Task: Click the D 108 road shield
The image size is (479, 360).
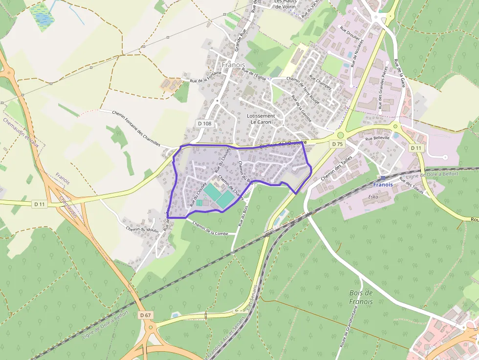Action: pyautogui.click(x=205, y=124)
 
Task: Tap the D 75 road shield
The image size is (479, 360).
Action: pyautogui.click(x=337, y=144)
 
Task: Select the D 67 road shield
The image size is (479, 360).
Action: pyautogui.click(x=145, y=315)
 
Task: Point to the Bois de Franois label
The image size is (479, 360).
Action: pyautogui.click(x=361, y=297)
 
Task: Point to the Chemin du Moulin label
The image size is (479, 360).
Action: pyautogui.click(x=142, y=230)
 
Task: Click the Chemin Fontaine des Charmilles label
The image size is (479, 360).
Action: pyautogui.click(x=136, y=128)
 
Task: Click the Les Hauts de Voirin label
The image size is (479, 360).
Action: pyautogui.click(x=285, y=4)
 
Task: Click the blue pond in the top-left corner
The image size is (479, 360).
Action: pyautogui.click(x=42, y=19)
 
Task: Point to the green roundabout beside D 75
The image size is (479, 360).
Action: pyautogui.click(x=341, y=135)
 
